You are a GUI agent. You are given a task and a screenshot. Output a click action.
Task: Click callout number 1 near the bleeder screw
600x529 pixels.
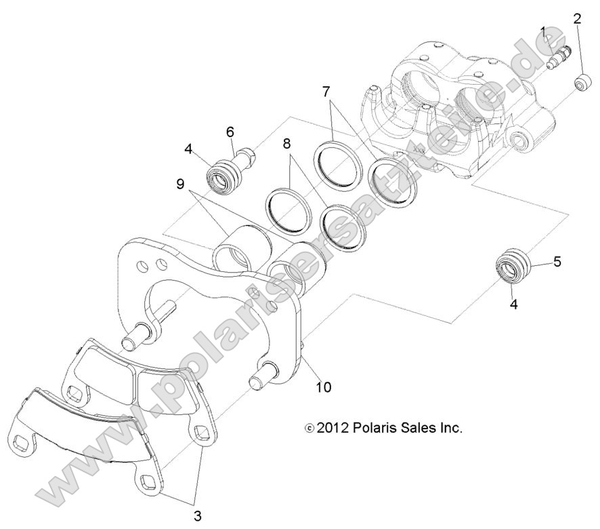544,31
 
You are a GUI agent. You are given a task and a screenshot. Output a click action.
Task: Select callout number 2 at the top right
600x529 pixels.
577,18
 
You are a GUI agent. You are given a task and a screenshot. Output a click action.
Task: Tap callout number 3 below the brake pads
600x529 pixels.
197,516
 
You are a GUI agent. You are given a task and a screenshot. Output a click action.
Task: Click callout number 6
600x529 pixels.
230,132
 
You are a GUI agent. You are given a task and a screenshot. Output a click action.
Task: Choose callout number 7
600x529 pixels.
326,91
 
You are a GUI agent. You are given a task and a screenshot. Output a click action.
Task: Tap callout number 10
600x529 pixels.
324,387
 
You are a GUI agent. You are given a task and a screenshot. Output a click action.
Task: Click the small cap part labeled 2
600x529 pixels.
580,83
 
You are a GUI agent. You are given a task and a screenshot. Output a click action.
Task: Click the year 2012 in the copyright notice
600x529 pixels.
333,429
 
